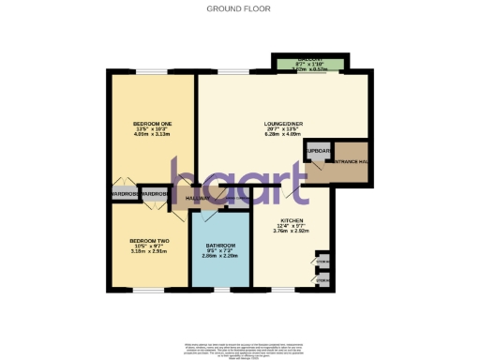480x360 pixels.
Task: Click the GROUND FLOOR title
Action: point(239,8)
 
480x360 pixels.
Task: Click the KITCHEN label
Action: point(292,221)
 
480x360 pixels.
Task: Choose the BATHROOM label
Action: point(220,246)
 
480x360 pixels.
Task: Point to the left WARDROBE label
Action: point(124,194)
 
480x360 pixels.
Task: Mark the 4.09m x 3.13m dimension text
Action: point(149,133)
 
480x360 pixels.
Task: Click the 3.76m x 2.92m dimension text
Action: point(292,232)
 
